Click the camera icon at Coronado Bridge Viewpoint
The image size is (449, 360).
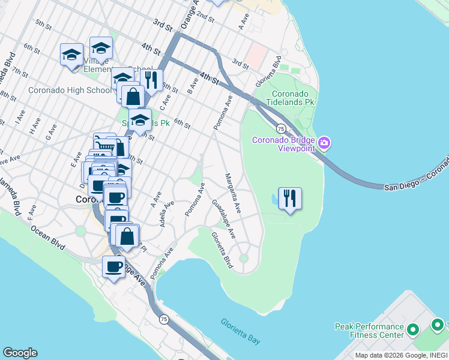[x=325, y=143]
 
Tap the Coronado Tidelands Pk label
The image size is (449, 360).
[x=293, y=99]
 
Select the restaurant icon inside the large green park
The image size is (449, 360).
[x=290, y=199]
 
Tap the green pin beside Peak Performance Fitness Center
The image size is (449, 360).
[x=412, y=330]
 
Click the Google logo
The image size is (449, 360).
[x=20, y=353]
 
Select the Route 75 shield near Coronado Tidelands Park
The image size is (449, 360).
[x=280, y=128]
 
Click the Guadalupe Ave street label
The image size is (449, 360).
[x=223, y=218]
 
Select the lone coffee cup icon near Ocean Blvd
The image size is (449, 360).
[x=113, y=266]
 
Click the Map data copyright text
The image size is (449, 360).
[x=401, y=355]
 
